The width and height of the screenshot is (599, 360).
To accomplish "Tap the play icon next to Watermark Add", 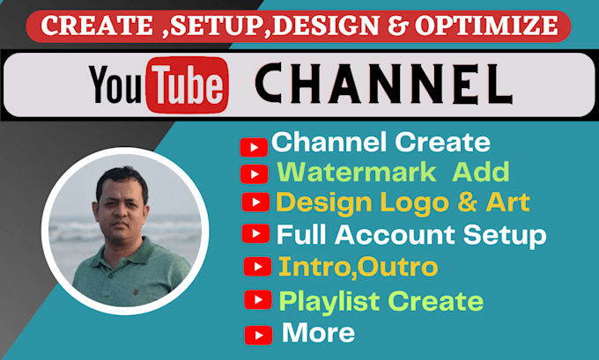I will tap(254, 174).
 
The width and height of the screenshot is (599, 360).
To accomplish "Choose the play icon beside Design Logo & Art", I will tap(255, 203).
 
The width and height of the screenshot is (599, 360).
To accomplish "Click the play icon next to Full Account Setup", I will tap(255, 233).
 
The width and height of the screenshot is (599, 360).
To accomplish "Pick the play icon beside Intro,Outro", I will tap(256, 266).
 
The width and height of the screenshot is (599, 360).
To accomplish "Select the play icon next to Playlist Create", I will tap(257, 300).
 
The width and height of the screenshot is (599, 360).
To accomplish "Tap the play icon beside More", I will tap(258, 334).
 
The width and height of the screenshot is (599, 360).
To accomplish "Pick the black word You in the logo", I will tap(117, 86).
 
